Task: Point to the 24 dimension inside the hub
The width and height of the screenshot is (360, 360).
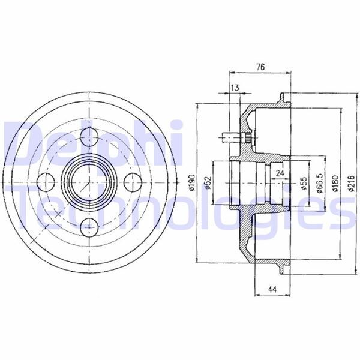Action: pyautogui.click(x=280, y=173)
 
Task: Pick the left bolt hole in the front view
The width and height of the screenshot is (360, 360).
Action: pyautogui.click(x=44, y=181)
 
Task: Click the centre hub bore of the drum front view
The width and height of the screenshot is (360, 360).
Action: pyautogui.click(x=89, y=181)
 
